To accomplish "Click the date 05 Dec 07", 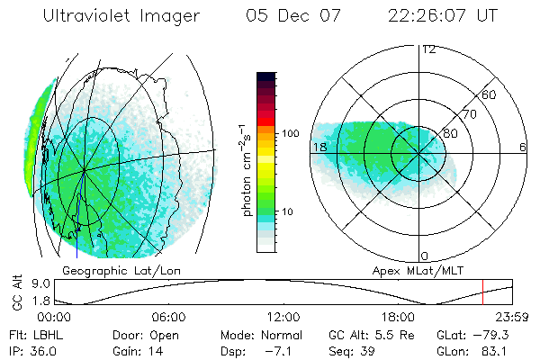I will (x=282, y=16).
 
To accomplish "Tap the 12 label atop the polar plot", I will (x=428, y=49).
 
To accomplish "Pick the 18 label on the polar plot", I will (x=319, y=147).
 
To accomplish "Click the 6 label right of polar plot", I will (x=523, y=147).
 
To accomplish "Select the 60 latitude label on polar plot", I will (x=490, y=94).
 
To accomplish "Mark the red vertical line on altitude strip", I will (x=482, y=292).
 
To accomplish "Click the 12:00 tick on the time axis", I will (x=283, y=317).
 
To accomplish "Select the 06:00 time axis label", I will (x=168, y=317).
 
